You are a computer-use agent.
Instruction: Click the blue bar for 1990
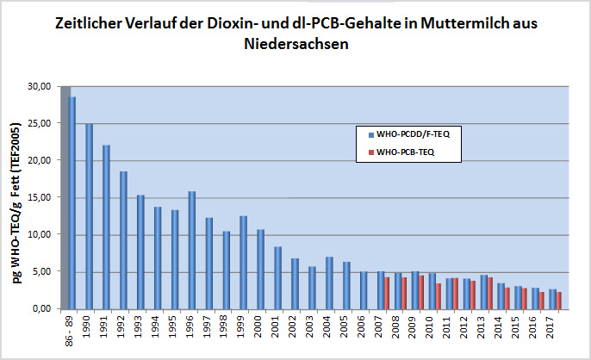pos(89,215)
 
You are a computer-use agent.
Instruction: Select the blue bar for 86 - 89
pos(72,202)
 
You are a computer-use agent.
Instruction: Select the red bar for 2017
pos(559,300)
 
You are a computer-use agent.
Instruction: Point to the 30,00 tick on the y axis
pos(40,86)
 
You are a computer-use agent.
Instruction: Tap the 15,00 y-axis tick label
pos(40,197)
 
